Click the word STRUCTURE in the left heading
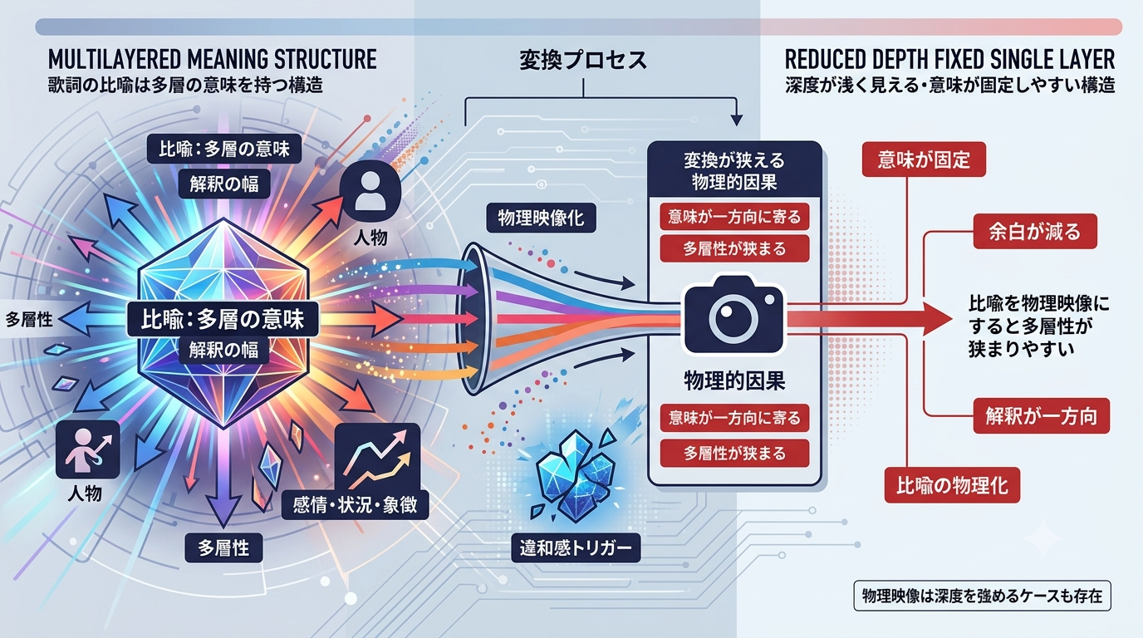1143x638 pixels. coord(326,60)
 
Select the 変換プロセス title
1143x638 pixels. coord(583,61)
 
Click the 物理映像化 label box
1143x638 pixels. coord(541,218)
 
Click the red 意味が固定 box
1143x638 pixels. coord(924,159)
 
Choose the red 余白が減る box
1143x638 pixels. coord(1035,232)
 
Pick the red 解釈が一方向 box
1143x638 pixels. coord(1041,416)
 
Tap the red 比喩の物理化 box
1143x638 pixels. coord(952,485)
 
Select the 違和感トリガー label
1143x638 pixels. coord(576,548)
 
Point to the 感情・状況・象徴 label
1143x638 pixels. coord(356,505)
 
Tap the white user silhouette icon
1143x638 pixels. coord(369,191)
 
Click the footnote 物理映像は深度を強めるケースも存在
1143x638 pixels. coord(982,596)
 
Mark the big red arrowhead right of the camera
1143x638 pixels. coord(938,320)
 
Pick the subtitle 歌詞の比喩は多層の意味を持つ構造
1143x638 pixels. coord(185,85)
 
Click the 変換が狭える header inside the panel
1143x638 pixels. coord(734,161)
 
